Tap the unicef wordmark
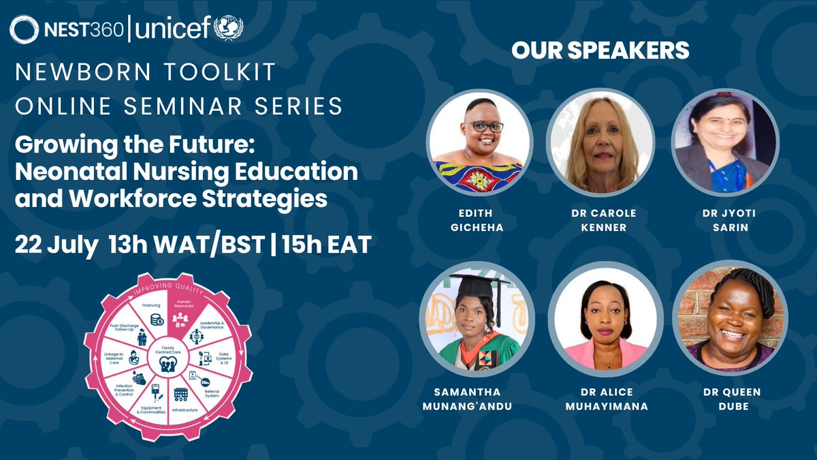tap(174, 29)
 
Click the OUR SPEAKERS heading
tap(600, 50)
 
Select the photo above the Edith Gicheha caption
tap(480, 142)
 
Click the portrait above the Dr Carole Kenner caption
tap(600, 142)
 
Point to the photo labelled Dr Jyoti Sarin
tap(724, 142)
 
